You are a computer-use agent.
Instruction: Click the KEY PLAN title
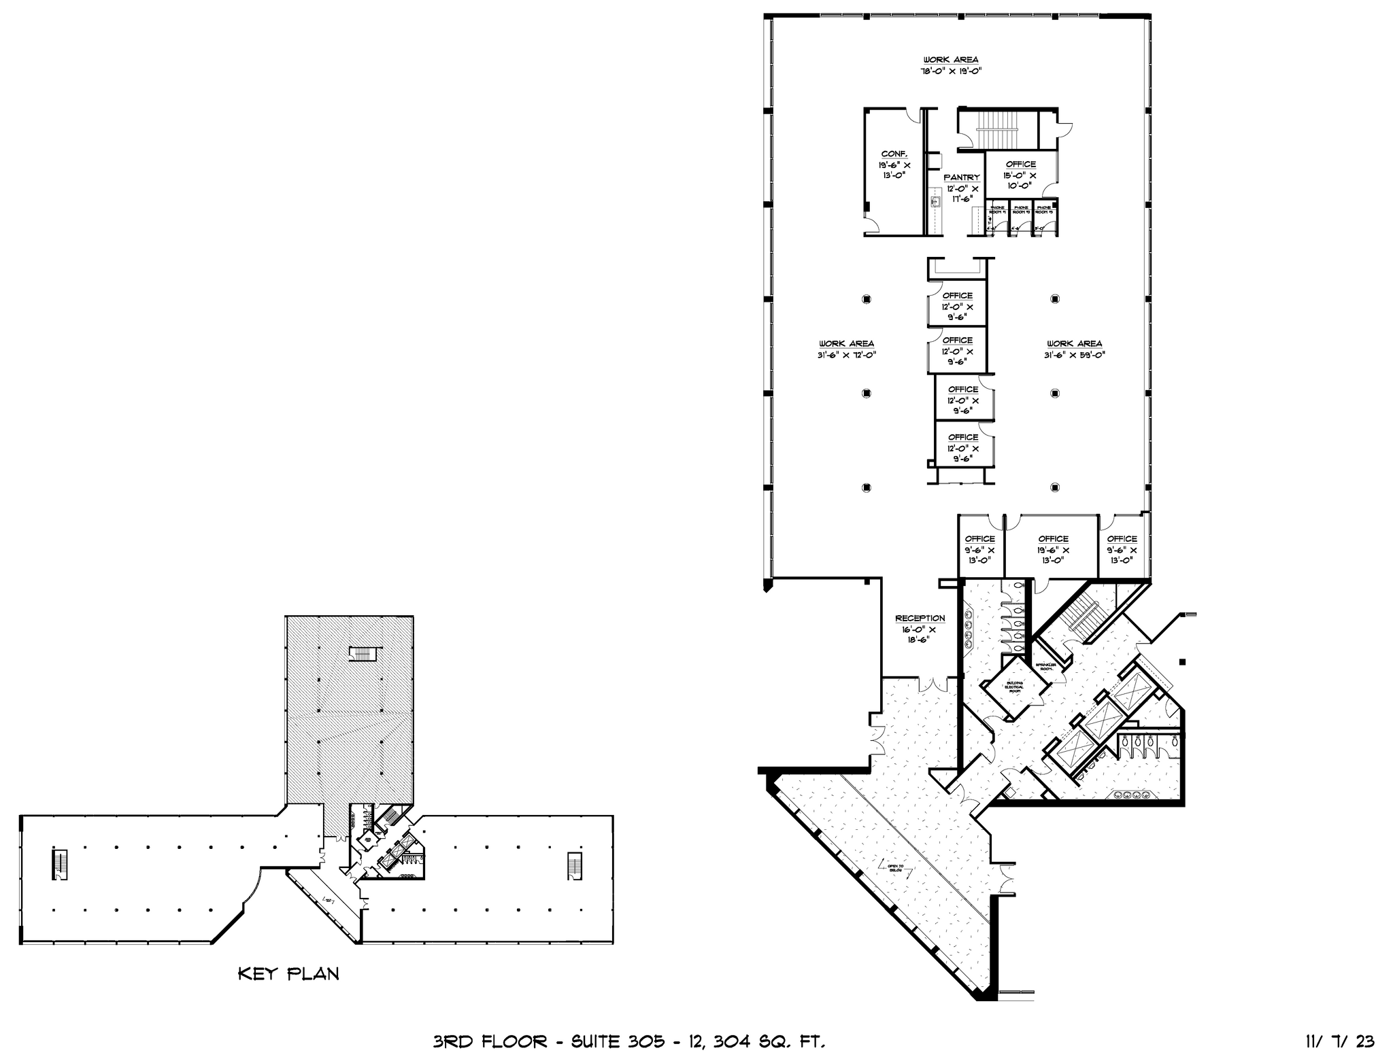click(x=288, y=974)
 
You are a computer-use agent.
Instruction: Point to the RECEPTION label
click(x=920, y=618)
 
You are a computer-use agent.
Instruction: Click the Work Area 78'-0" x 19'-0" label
click(x=950, y=60)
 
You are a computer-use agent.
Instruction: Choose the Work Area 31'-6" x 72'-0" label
click(x=846, y=344)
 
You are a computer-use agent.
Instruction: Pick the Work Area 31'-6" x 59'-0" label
click(x=1074, y=344)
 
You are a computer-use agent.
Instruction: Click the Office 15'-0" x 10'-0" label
click(x=1020, y=164)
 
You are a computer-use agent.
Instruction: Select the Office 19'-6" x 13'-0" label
click(x=1053, y=539)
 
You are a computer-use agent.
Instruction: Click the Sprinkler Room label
click(x=1044, y=666)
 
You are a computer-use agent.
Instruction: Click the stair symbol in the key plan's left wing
click(x=59, y=864)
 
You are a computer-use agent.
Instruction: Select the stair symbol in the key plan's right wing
click(x=575, y=864)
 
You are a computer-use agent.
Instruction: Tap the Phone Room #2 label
click(x=1021, y=210)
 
